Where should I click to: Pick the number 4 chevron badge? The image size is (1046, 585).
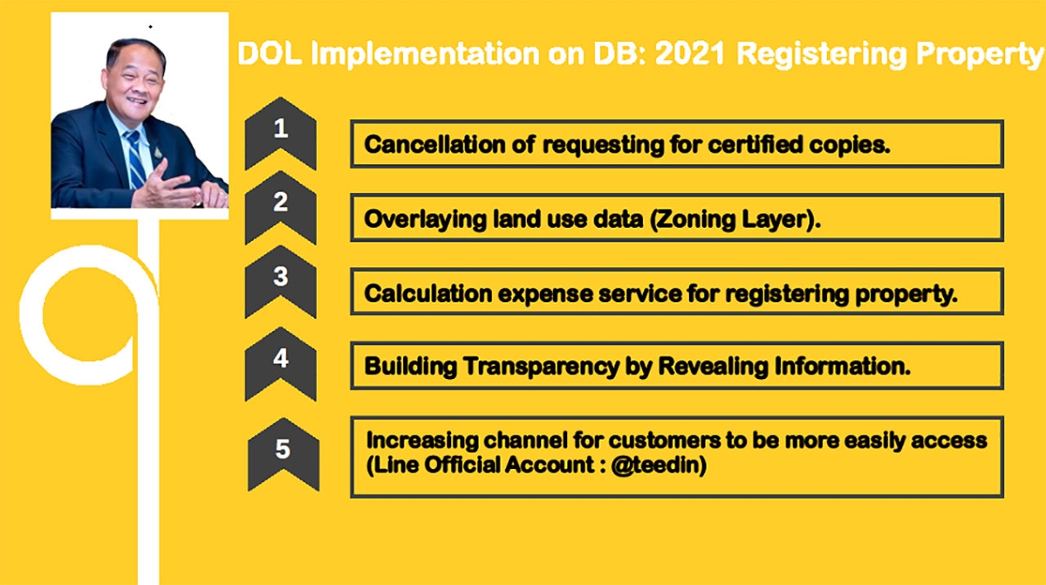click(x=280, y=364)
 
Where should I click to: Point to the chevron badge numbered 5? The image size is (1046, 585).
click(x=284, y=454)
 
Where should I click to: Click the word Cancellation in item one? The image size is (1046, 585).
click(x=435, y=145)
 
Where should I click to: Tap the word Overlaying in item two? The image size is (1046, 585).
click(x=425, y=220)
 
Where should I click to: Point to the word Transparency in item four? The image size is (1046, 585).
click(x=541, y=367)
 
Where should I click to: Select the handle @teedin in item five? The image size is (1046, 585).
click(x=659, y=466)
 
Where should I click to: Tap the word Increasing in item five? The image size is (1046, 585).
click(x=422, y=440)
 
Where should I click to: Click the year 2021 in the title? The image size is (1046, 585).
click(x=691, y=53)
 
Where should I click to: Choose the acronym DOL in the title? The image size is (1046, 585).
click(x=270, y=53)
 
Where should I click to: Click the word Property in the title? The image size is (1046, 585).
click(x=979, y=55)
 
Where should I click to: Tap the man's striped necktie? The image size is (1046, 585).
click(x=135, y=159)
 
